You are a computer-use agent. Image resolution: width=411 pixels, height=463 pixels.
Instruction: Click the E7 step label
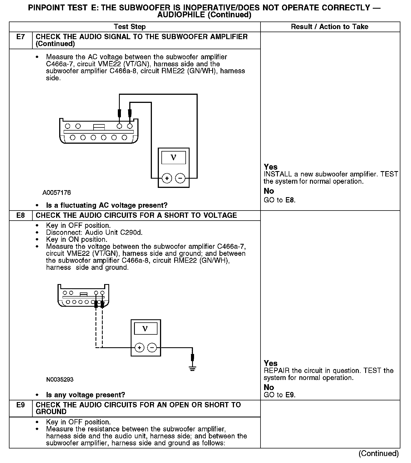(x=21, y=37)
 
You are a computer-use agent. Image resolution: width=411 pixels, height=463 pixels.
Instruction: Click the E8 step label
(x=21, y=215)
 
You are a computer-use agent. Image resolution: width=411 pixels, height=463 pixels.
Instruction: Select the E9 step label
(x=21, y=405)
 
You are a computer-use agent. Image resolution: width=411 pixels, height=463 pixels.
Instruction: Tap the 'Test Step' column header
(x=130, y=27)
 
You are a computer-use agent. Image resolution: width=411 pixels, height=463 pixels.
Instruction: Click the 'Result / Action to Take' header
(x=329, y=27)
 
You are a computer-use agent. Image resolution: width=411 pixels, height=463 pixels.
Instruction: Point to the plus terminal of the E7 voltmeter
(x=167, y=178)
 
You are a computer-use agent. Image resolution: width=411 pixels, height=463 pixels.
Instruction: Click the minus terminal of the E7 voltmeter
(x=180, y=178)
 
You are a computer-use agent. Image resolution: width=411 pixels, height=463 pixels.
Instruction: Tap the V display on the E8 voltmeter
(x=145, y=329)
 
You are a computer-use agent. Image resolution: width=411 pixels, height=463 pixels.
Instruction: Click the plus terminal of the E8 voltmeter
(x=139, y=348)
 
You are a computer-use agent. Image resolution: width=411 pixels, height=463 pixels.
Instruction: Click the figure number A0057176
(x=57, y=193)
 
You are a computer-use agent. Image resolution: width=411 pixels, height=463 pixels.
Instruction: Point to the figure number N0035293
(x=60, y=379)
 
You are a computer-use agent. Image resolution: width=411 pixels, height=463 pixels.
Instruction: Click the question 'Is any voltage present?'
(x=85, y=395)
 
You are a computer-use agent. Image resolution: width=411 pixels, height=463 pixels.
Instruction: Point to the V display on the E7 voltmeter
(x=173, y=158)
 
